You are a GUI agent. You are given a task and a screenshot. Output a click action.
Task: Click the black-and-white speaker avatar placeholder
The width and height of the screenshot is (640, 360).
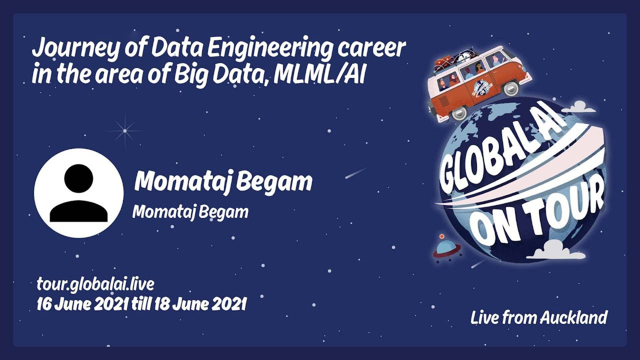79,193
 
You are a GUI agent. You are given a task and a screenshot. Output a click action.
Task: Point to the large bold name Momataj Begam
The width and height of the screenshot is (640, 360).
223,182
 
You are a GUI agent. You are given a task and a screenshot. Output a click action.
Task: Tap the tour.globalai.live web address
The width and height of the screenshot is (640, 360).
95,284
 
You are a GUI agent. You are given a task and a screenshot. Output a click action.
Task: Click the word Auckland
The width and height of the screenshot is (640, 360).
573,317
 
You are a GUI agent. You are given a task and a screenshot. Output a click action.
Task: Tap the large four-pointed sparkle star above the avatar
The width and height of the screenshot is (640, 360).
125,131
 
